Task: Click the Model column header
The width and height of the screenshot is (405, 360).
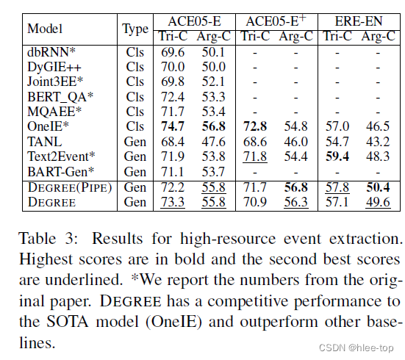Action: click(x=45, y=29)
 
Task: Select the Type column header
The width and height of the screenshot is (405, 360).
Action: click(x=135, y=29)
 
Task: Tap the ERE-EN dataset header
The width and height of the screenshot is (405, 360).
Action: click(x=359, y=21)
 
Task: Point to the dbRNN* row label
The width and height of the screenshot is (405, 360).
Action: click(x=51, y=52)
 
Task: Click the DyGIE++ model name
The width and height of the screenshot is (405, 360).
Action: click(x=54, y=67)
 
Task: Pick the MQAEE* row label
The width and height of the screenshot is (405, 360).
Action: click(x=54, y=112)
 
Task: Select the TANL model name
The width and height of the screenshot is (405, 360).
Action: click(x=45, y=142)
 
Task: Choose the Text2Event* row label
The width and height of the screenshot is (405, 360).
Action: click(x=61, y=156)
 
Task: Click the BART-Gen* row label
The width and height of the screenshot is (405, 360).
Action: click(x=61, y=172)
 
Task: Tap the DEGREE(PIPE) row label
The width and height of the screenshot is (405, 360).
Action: click(x=70, y=187)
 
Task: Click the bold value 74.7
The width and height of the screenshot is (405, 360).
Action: click(x=173, y=126)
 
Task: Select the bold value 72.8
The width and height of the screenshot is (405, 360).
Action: click(x=255, y=126)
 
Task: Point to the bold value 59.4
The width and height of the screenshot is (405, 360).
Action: click(x=337, y=156)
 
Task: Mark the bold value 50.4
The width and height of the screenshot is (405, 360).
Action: click(x=378, y=187)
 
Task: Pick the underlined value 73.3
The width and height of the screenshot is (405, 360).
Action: click(x=173, y=202)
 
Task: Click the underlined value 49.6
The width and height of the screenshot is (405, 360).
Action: click(x=378, y=202)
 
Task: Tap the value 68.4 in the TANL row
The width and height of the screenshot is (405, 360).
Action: click(x=173, y=142)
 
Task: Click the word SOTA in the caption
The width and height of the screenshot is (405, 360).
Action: click(x=67, y=322)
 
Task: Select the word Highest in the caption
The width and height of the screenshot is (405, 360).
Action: click(x=46, y=259)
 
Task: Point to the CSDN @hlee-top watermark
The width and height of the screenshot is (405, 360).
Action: click(x=356, y=348)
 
